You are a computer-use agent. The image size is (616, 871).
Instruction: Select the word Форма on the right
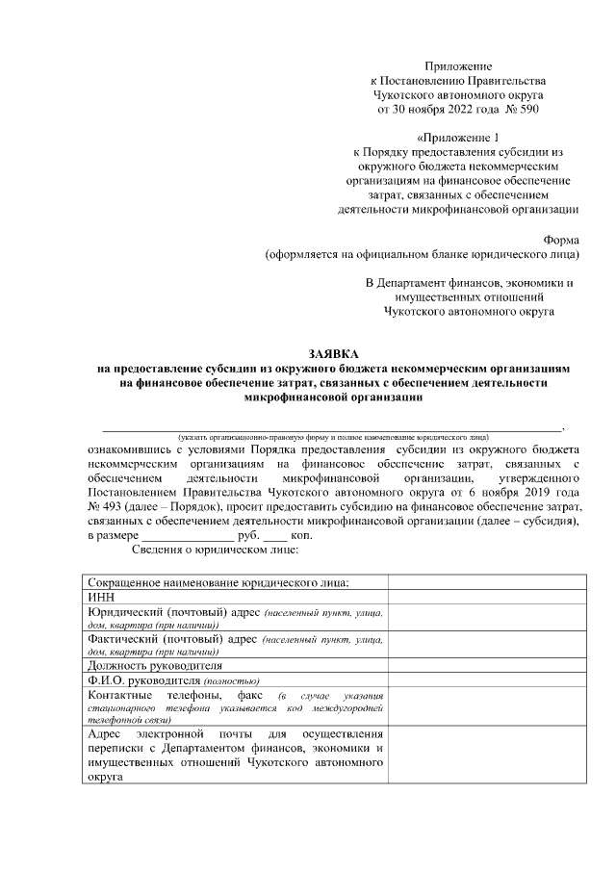(561, 241)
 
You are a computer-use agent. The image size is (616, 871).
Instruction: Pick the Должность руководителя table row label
(155, 665)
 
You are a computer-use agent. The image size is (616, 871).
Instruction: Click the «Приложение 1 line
(461, 138)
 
